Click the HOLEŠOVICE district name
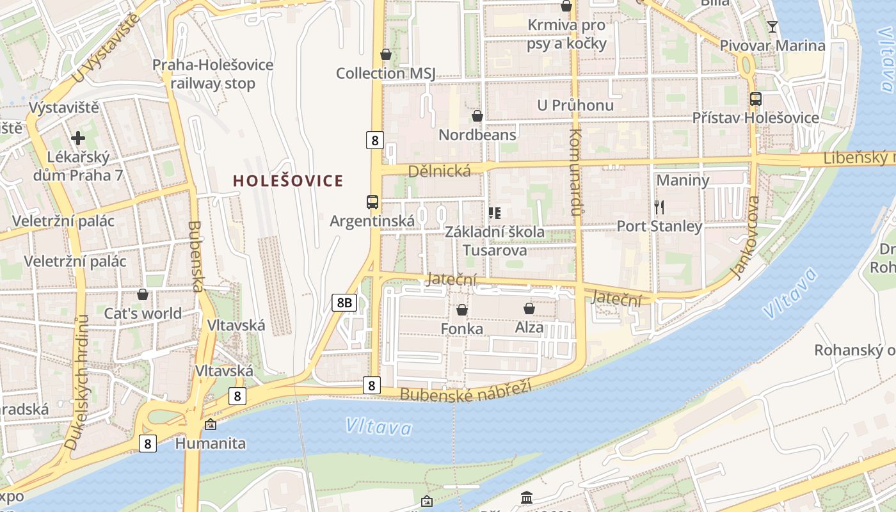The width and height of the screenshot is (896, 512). (x=288, y=181)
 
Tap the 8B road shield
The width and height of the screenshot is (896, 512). (x=344, y=303)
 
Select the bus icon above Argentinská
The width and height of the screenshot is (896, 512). (x=372, y=202)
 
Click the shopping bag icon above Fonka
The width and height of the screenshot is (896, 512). (x=462, y=310)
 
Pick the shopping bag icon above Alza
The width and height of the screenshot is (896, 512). (x=529, y=309)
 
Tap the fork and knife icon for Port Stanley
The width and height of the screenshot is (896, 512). (x=659, y=207)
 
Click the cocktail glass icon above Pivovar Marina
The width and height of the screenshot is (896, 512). (x=772, y=26)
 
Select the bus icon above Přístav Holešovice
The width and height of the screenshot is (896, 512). (x=756, y=99)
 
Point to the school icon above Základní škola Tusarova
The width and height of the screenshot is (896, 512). (x=494, y=212)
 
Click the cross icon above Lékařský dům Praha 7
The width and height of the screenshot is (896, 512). (x=78, y=138)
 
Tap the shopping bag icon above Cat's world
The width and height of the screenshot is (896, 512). (x=143, y=294)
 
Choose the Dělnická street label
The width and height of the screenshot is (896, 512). (x=439, y=170)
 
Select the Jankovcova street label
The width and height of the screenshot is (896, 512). (x=746, y=237)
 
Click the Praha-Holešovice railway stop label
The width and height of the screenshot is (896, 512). (x=212, y=74)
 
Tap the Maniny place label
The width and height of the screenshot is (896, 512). (x=683, y=180)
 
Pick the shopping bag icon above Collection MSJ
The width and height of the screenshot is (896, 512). (x=386, y=54)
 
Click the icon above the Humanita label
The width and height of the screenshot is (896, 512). (x=210, y=424)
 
